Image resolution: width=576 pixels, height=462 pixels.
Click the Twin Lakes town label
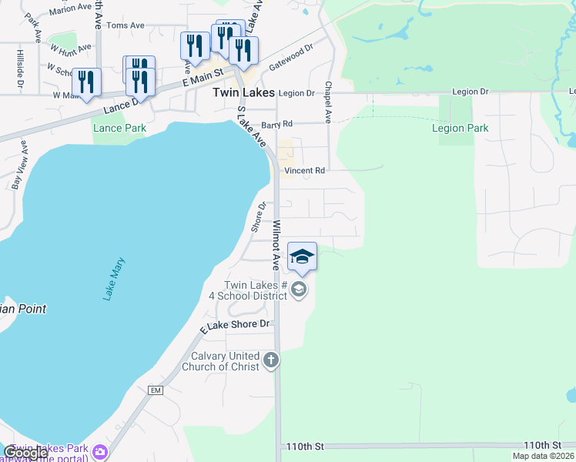point(242,92)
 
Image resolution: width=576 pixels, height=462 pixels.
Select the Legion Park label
point(460,128)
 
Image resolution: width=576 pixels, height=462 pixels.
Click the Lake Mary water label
point(113,279)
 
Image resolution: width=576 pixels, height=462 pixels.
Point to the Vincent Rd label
point(305,170)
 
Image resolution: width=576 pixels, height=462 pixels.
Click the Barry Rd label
point(277,124)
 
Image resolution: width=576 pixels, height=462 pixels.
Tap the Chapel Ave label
point(328,103)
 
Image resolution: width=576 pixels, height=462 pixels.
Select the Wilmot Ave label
point(275,245)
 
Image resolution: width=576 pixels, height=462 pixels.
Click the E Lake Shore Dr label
point(236,326)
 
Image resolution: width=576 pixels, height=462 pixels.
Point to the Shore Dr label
point(258,217)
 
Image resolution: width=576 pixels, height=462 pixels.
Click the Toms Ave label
point(126,25)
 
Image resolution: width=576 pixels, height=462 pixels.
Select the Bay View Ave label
point(19,165)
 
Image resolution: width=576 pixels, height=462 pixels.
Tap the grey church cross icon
point(270,360)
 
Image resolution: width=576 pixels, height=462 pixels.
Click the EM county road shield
point(156,391)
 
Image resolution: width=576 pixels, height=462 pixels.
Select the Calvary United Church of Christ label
point(221,361)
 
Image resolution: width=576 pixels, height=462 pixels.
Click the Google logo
point(25,454)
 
